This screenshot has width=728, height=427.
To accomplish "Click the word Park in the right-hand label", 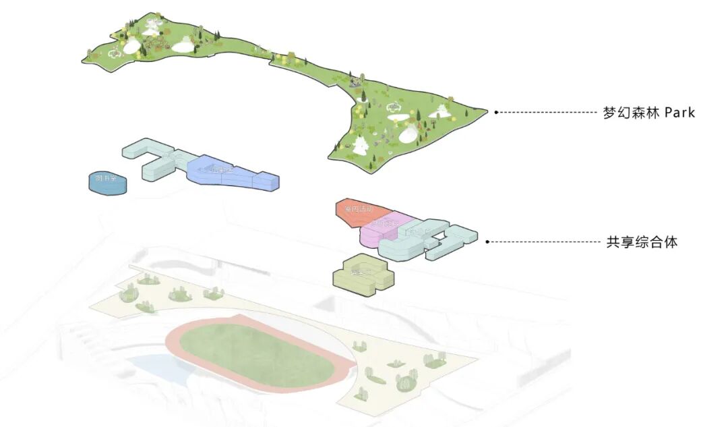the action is coord(679,113).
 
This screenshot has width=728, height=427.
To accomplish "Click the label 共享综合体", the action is coord(642,242).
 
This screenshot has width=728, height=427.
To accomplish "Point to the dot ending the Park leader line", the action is coord(496,112).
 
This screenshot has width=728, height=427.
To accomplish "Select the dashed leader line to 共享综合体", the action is coord(543,241).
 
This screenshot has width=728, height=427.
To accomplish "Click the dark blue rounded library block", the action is coord(107,182).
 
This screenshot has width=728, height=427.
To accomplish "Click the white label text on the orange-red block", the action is coord(357,210).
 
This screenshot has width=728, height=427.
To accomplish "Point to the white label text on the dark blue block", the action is coord(107,179).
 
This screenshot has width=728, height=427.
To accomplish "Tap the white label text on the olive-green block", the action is coord(361,272).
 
